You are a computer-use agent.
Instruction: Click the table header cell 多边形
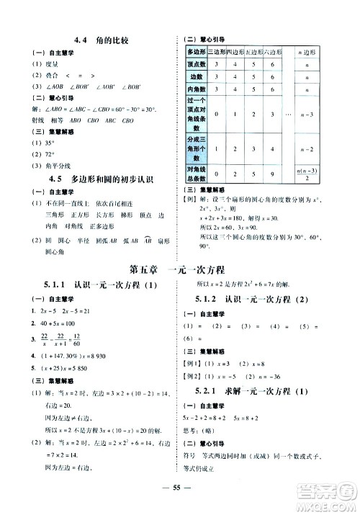(197, 52)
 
